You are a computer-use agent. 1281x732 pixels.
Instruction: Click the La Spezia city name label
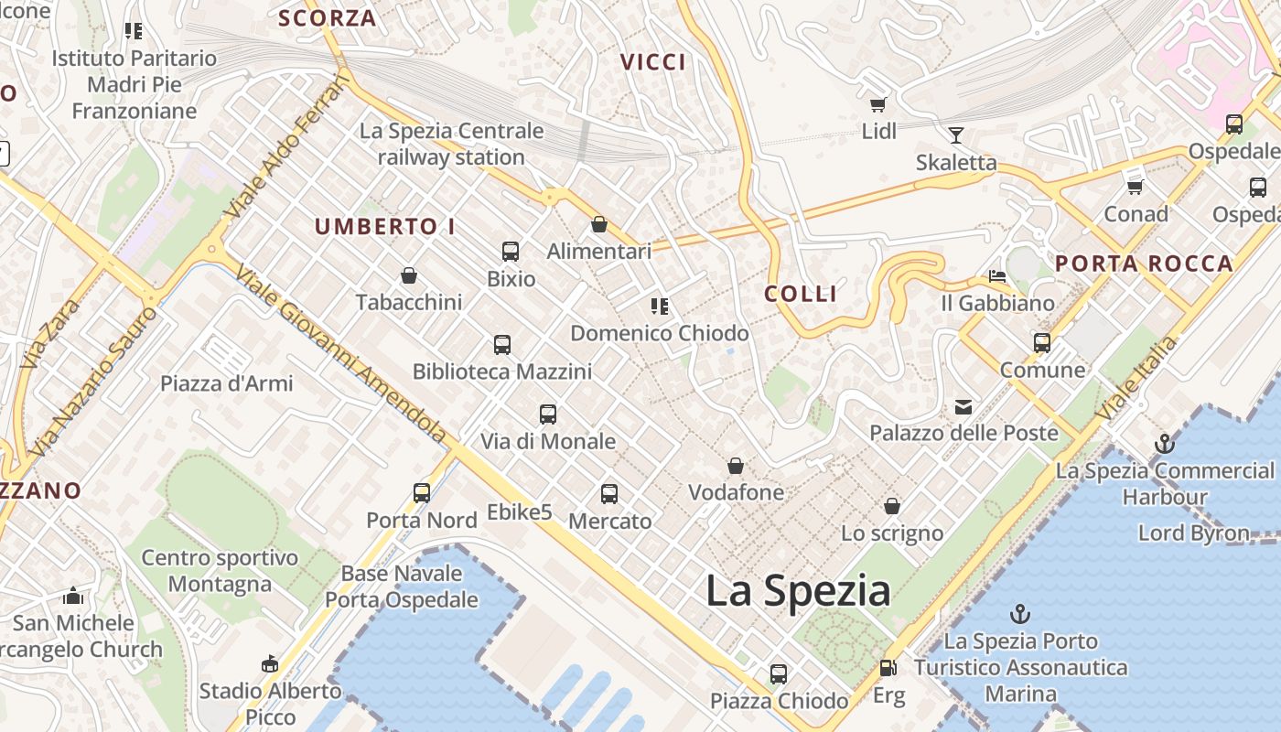click(798, 591)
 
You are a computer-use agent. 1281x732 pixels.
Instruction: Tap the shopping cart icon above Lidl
click(878, 105)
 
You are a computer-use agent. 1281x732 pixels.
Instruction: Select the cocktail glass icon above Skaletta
click(956, 135)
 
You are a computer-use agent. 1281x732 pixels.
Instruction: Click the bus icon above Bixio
click(511, 252)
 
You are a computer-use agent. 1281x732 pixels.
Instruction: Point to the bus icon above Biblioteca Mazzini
click(501, 345)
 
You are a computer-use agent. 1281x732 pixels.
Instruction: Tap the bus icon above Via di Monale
click(548, 414)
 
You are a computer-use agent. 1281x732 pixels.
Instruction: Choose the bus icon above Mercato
click(609, 494)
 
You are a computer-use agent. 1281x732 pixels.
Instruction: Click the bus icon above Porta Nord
click(422, 493)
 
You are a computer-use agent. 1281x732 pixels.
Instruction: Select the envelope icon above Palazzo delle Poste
click(963, 406)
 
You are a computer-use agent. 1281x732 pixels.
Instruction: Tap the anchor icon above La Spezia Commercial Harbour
click(1164, 445)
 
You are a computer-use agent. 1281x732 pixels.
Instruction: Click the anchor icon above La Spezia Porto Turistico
click(1020, 614)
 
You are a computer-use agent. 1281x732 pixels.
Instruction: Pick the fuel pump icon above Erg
click(888, 669)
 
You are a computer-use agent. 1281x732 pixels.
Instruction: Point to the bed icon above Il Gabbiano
click(997, 276)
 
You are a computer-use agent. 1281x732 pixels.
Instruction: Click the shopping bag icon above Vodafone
click(736, 467)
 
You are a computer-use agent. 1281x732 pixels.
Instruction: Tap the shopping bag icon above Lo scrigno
click(892, 506)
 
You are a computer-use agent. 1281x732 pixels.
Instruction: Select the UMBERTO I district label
click(385, 227)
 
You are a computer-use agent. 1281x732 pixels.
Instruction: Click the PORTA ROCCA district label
click(1144, 264)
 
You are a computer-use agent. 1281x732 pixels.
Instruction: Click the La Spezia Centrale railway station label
click(451, 144)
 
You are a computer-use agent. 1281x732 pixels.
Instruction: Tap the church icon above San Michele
click(73, 597)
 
